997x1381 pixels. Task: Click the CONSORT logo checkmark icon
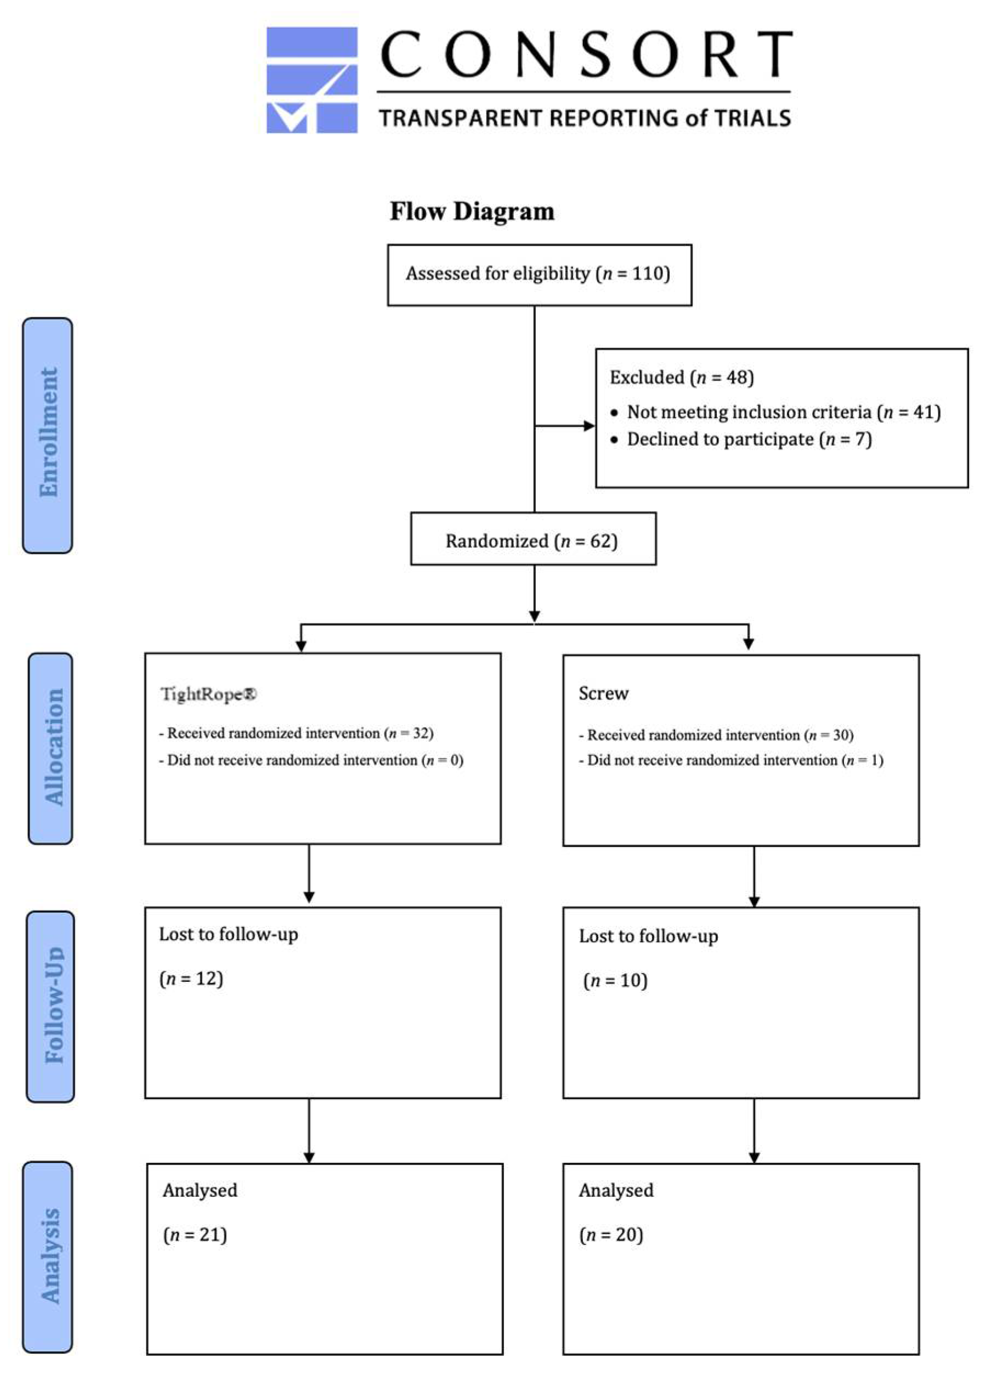[311, 79]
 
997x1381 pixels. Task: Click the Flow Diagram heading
[472, 211]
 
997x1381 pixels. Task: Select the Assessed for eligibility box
[539, 274]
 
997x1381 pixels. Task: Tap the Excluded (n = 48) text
[681, 378]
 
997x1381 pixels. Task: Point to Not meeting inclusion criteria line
[783, 412]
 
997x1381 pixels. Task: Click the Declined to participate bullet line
[749, 439]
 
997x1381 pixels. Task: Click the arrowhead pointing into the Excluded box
[588, 425]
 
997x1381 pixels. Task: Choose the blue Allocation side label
[51, 748]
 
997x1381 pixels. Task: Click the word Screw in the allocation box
[603, 694]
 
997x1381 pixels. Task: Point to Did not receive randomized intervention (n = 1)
[730, 760]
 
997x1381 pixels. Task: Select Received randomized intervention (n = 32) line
[296, 733]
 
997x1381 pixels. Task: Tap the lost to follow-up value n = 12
[191, 979]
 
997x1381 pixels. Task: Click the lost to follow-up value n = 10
[615, 980]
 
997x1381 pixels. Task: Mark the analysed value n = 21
[195, 1235]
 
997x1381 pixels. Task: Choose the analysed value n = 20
[611, 1235]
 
